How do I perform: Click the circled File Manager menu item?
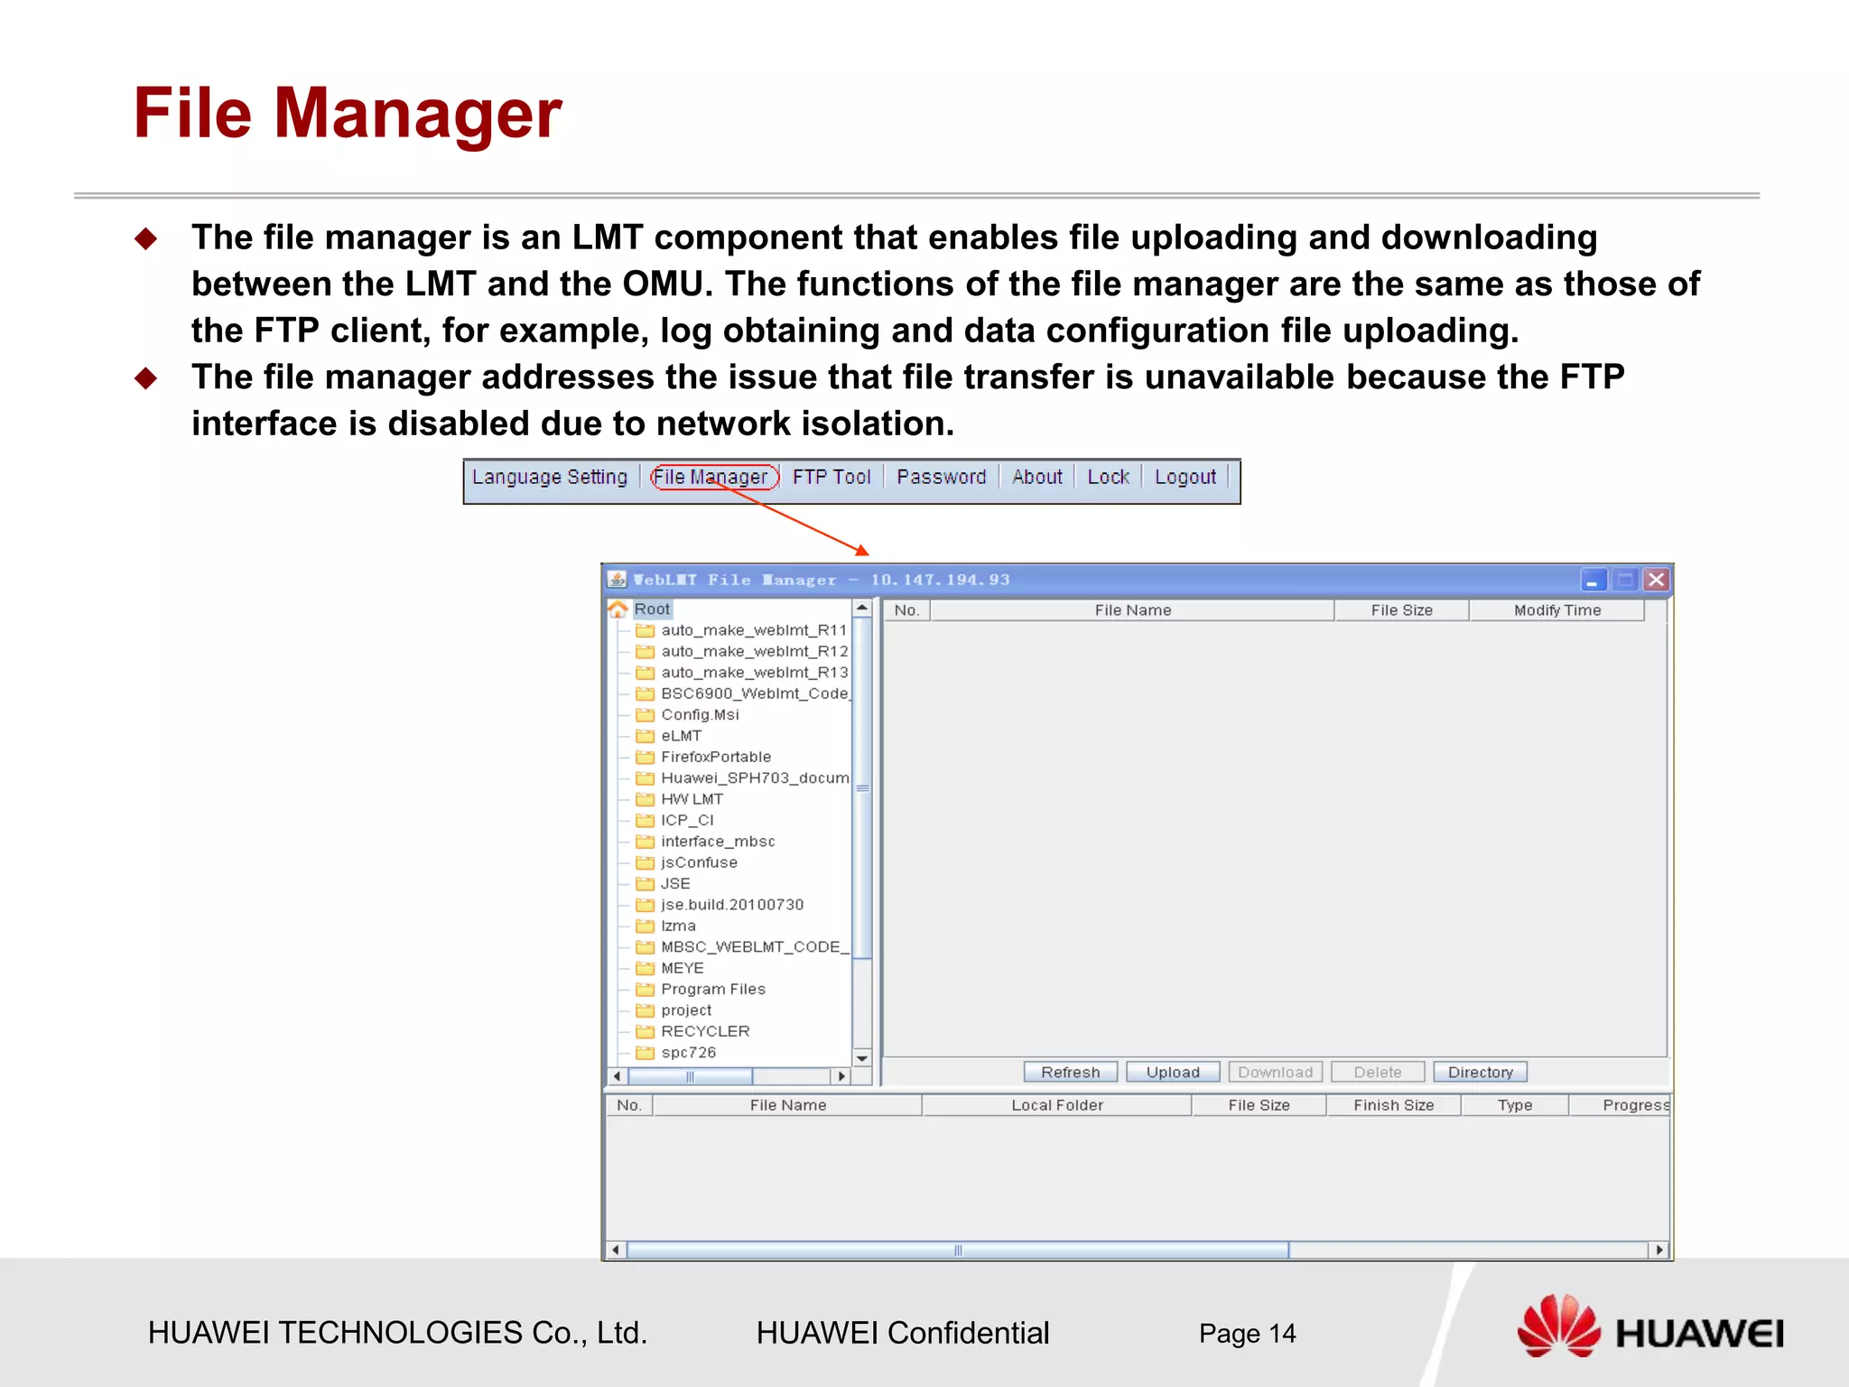click(712, 477)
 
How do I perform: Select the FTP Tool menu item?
click(831, 477)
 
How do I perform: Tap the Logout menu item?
click(1185, 477)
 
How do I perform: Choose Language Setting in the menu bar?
click(549, 477)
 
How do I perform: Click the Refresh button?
click(1070, 1072)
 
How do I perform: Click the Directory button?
click(1480, 1072)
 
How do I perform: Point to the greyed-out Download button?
click(1275, 1072)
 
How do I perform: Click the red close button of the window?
click(1656, 580)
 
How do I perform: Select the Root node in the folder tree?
click(651, 610)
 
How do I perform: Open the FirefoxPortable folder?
click(715, 757)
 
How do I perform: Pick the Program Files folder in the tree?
click(712, 989)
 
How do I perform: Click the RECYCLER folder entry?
click(704, 1031)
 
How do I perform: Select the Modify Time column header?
click(1556, 610)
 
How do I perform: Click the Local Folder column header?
click(1056, 1105)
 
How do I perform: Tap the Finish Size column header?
click(1393, 1105)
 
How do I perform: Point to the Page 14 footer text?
click(1247, 1334)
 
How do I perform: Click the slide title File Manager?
click(348, 114)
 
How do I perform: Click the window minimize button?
click(1593, 580)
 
